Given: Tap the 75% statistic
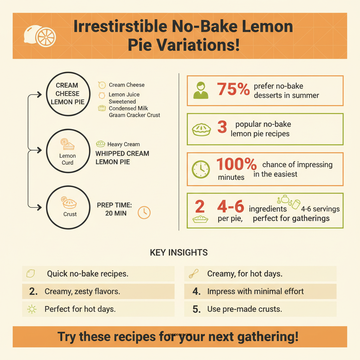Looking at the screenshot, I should (233, 90).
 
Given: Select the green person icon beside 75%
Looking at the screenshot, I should (201, 90).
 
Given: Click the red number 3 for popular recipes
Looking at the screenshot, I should (222, 128).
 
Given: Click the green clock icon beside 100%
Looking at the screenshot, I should (201, 169).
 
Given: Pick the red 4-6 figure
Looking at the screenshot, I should (230, 207).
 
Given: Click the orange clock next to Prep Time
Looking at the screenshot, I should (144, 212).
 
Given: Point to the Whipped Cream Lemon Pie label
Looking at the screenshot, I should (122, 157).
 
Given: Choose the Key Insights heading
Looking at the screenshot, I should (179, 253).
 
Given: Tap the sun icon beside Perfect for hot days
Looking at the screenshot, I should (32, 309).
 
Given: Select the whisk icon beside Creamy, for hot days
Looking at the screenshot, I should (194, 274).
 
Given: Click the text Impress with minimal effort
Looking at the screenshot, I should (255, 291).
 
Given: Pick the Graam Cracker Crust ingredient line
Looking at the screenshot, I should (134, 115).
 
